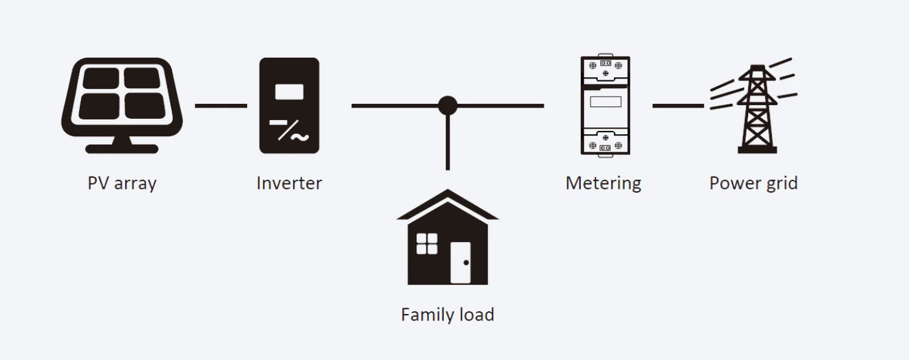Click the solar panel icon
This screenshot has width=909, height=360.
pyautogui.click(x=122, y=97)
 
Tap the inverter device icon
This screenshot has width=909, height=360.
pyautogui.click(x=289, y=106)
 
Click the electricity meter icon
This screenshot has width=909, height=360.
pyautogui.click(x=605, y=105)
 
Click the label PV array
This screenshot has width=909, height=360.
pyautogui.click(x=122, y=184)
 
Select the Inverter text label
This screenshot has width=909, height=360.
pyautogui.click(x=289, y=184)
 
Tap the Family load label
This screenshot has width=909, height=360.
pyautogui.click(x=448, y=315)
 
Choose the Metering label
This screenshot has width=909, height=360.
pyautogui.click(x=603, y=184)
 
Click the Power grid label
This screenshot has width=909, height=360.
pyautogui.click(x=753, y=184)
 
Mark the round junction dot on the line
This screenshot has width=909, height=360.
pyautogui.click(x=448, y=105)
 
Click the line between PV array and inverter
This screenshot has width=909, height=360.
pyautogui.click(x=221, y=105)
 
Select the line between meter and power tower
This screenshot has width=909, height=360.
pyautogui.click(x=678, y=105)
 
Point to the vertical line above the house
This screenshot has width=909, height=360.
pyautogui.click(x=448, y=146)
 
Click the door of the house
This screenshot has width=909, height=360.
pyautogui.click(x=461, y=263)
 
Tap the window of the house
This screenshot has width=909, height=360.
pyautogui.click(x=427, y=244)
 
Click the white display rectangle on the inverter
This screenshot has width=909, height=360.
pyautogui.click(x=289, y=91)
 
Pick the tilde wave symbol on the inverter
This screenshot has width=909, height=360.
pyautogui.click(x=300, y=137)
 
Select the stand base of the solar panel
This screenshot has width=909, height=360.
pyautogui.click(x=122, y=149)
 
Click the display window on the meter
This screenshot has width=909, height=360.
pyautogui.click(x=605, y=102)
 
